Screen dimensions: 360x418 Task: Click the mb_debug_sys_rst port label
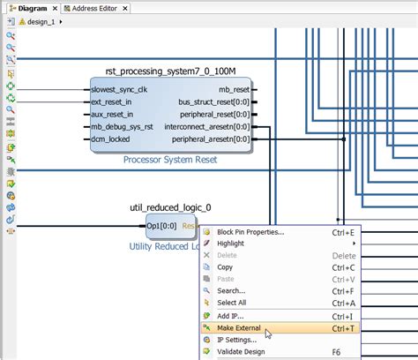(123, 126)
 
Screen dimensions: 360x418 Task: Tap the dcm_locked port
(111, 139)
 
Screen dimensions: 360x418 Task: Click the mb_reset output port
(234, 89)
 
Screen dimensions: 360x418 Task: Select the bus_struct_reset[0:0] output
(219, 101)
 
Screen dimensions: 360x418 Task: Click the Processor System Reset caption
(169, 160)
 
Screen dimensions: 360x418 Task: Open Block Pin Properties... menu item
(250, 233)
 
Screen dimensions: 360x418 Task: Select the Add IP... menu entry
(231, 315)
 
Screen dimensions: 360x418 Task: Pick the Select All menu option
(233, 302)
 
